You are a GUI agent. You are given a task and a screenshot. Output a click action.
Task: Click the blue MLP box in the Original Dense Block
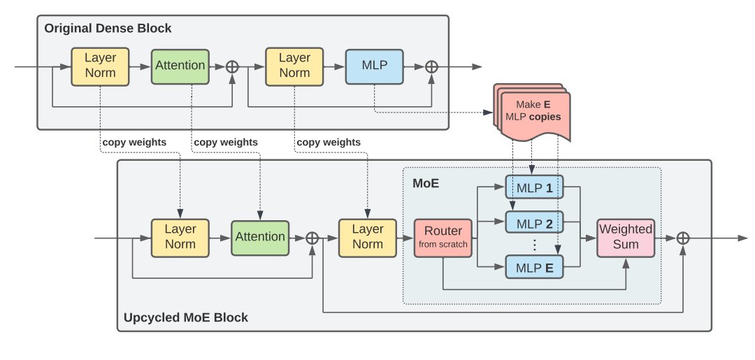[375, 66]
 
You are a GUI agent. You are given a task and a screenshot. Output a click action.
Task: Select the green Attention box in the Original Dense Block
[180, 66]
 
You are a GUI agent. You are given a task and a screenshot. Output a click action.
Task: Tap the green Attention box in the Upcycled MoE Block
[260, 237]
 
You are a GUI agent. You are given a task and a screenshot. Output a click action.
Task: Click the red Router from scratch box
[443, 237]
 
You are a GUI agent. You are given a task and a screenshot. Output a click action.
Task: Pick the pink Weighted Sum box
[625, 237]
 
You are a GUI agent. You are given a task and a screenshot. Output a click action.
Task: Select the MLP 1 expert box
[534, 188]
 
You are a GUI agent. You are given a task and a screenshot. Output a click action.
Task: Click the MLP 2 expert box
[534, 224]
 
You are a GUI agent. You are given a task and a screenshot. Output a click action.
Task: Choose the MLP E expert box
[534, 267]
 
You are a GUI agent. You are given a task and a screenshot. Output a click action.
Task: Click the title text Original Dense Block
[108, 29]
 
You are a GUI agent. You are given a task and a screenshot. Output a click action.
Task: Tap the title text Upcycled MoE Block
[185, 318]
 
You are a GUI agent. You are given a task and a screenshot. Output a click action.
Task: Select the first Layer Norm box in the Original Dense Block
[100, 66]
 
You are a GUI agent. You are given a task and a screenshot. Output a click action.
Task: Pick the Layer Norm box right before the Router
[368, 237]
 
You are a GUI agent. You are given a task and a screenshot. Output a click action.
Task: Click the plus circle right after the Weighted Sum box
[684, 238]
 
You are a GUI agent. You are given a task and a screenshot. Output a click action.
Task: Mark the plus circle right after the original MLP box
[432, 66]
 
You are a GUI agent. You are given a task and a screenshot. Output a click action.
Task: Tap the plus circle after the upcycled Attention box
[312, 238]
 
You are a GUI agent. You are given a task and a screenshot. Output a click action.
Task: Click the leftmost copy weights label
[134, 142]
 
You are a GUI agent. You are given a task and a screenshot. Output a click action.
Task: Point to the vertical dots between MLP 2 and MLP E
[534, 245]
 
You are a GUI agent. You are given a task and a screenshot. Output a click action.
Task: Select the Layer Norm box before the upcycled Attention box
[180, 237]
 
